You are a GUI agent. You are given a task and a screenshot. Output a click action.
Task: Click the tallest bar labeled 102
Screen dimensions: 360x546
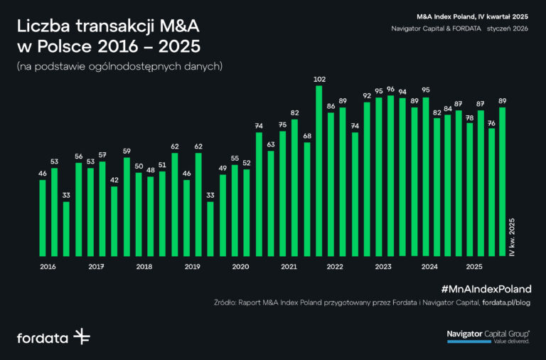(x=319, y=171)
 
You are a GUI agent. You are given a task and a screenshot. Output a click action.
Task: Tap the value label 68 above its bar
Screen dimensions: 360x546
(x=307, y=136)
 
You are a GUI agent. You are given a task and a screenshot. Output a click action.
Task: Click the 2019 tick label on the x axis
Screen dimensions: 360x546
(x=192, y=267)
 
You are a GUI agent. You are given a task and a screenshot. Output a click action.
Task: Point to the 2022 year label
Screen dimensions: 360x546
(x=336, y=267)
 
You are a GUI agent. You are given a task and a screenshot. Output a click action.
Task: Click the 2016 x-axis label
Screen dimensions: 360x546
(x=48, y=267)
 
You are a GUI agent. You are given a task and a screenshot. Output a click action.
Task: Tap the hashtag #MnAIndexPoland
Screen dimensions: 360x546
(x=486, y=289)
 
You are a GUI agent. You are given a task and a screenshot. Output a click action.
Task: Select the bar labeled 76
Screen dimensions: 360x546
(x=491, y=192)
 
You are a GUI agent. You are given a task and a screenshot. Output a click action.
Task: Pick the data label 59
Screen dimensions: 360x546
(x=127, y=151)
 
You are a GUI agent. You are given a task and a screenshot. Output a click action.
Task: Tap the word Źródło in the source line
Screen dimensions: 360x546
(x=227, y=302)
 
